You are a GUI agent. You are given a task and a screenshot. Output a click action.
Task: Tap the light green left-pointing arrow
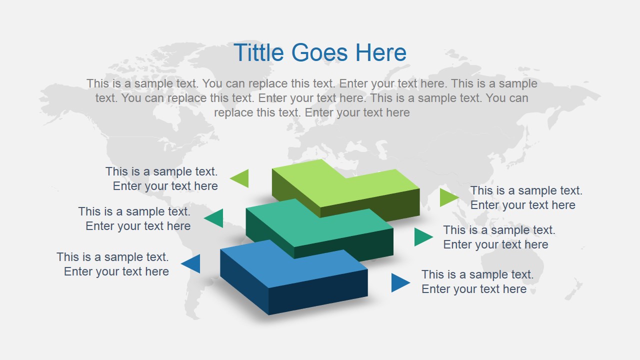click(x=241, y=178)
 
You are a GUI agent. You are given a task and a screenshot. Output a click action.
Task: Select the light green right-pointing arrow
click(x=448, y=197)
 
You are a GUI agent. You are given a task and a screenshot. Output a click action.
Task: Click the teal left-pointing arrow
click(x=215, y=218)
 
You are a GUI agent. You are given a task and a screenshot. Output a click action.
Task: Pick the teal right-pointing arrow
click(x=422, y=237)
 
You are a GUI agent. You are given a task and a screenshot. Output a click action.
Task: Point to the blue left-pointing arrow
click(x=192, y=263)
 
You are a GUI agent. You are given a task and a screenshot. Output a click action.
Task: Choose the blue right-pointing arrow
click(x=399, y=282)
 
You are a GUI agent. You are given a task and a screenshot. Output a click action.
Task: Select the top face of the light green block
click(x=350, y=185)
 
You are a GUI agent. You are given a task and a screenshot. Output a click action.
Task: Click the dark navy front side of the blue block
click(x=318, y=292)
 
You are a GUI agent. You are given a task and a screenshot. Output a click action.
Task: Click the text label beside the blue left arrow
click(x=112, y=264)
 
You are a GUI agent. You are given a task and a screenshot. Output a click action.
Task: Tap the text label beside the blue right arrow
click(x=477, y=281)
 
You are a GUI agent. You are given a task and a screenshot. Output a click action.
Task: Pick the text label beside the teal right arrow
click(x=499, y=237)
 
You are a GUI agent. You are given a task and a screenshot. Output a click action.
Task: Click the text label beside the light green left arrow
click(x=161, y=178)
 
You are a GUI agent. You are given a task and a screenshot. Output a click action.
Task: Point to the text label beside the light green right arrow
click(x=526, y=197)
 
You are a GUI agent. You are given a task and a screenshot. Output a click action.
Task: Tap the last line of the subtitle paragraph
click(x=311, y=112)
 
